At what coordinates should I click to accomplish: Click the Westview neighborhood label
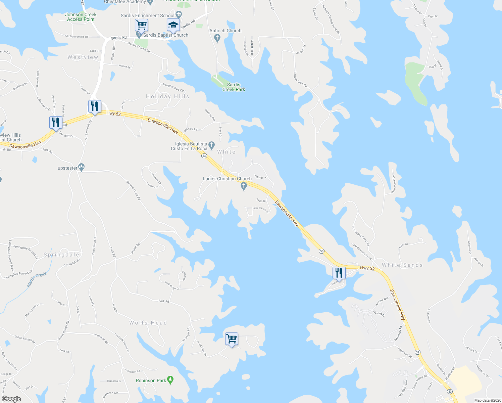click(x=83, y=57)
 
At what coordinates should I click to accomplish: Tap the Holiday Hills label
click(x=167, y=97)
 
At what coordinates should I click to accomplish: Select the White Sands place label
click(x=402, y=265)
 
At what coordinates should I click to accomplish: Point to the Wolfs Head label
click(x=148, y=323)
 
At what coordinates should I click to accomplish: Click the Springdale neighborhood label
click(x=61, y=255)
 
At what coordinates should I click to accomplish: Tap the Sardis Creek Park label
click(x=234, y=87)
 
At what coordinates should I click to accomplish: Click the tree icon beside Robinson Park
click(x=170, y=380)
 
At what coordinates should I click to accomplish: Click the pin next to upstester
click(x=81, y=167)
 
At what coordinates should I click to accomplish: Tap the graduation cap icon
click(x=173, y=25)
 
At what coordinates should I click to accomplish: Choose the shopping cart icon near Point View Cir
click(x=232, y=339)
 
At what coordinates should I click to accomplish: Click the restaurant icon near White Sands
click(x=339, y=273)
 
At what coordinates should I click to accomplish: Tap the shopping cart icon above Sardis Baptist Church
click(x=141, y=25)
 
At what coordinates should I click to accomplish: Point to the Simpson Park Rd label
click(x=133, y=190)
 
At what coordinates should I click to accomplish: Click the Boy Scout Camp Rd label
click(x=360, y=236)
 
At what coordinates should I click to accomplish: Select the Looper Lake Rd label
click(x=300, y=80)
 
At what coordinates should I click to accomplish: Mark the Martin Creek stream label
click(x=37, y=279)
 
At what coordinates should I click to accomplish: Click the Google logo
click(x=11, y=399)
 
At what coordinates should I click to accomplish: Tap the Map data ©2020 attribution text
click(x=487, y=400)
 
